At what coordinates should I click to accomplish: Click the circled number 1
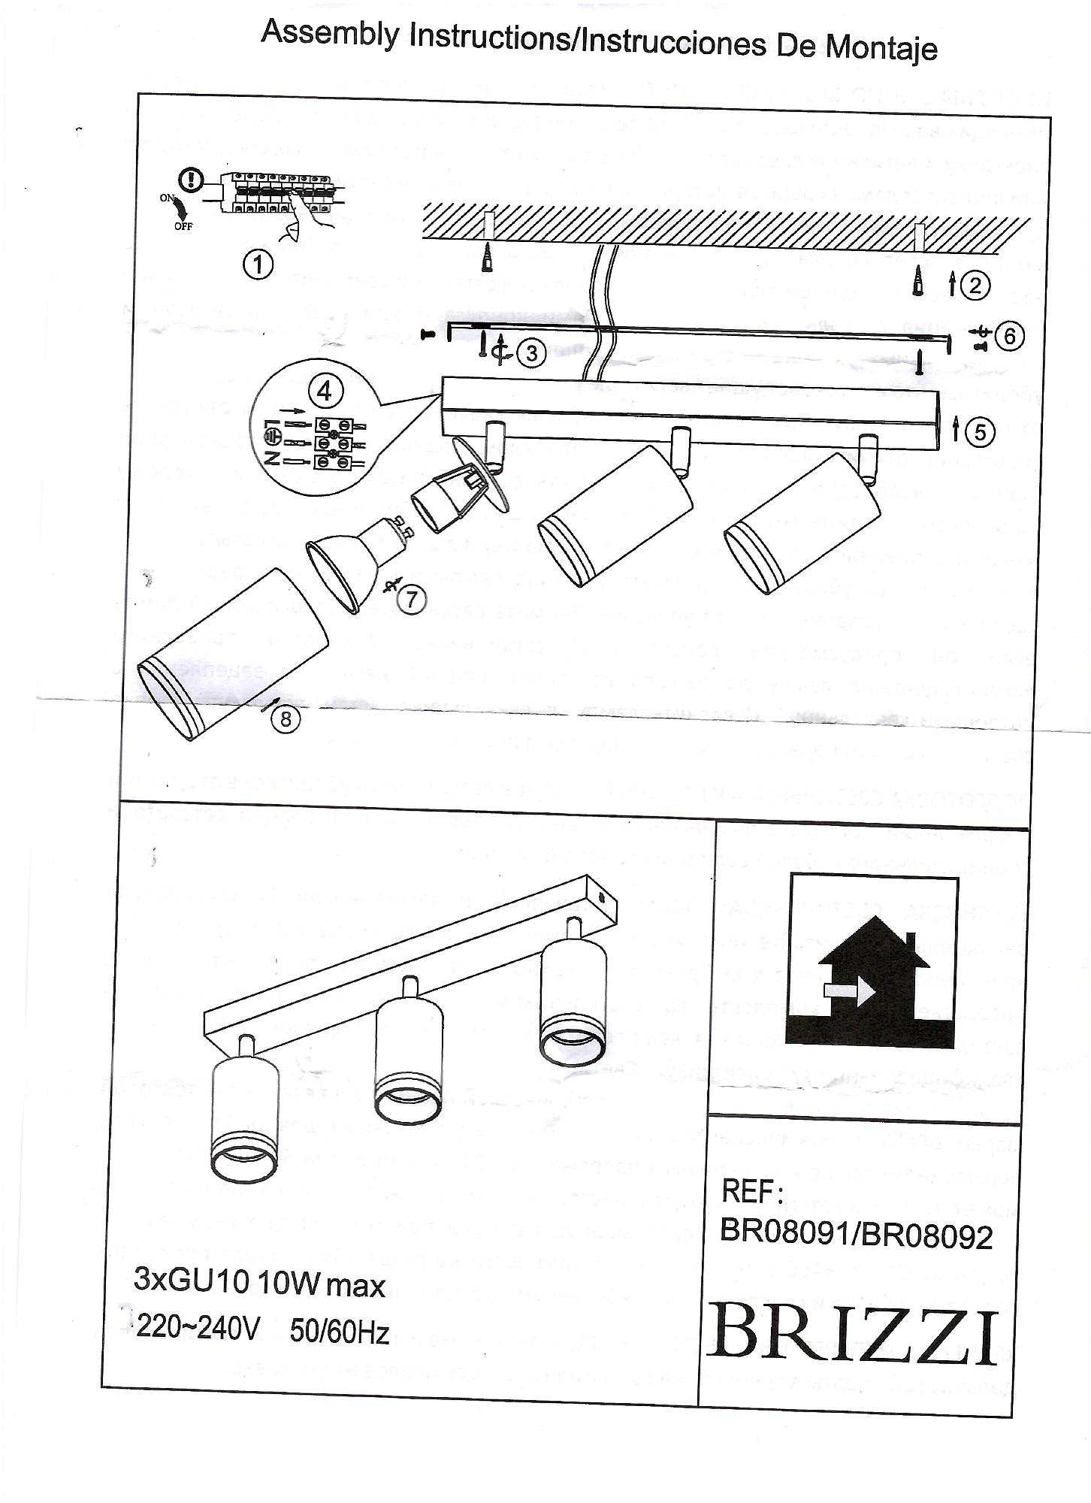pos(258,265)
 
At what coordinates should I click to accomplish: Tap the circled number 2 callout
pos(975,286)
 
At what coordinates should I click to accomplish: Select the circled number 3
pos(531,352)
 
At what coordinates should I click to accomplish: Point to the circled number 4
pos(325,391)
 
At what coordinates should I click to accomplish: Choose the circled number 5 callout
pos(980,432)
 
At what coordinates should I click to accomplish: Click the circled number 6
pos(1009,336)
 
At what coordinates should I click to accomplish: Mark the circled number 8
pos(285,718)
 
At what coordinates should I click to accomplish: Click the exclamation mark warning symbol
pos(192,180)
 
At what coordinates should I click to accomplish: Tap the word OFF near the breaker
pos(183,225)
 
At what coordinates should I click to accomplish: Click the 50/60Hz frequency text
pos(339,1332)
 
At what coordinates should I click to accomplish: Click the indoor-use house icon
pos(871,962)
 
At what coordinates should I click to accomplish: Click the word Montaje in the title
pos(881,47)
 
